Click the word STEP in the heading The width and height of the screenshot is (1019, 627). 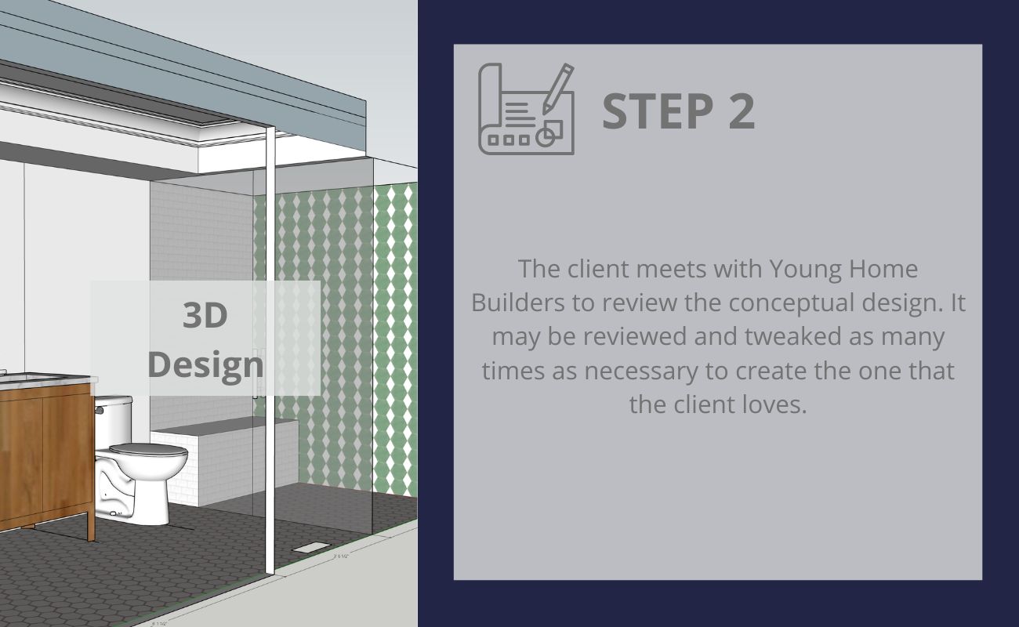[658, 111]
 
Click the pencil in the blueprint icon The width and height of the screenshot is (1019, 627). [558, 89]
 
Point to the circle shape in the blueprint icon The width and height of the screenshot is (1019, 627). [545, 136]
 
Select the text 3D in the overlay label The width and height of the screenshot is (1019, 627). [205, 315]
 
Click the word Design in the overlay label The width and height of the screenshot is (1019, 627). [205, 365]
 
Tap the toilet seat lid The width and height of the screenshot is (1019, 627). [149, 450]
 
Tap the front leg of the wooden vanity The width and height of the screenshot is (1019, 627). [91, 527]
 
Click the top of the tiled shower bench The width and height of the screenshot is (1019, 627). [225, 425]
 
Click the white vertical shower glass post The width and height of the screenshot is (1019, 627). [270, 350]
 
